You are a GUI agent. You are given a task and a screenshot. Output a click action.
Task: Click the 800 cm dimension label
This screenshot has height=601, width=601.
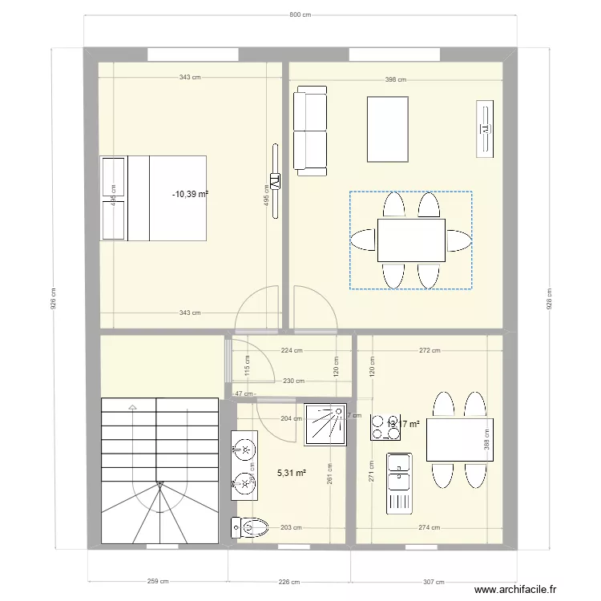coord(300,14)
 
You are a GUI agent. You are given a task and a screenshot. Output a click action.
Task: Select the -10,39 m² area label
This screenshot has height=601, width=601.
coord(191,194)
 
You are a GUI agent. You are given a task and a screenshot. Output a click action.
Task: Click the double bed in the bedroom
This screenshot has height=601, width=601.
coord(154,198)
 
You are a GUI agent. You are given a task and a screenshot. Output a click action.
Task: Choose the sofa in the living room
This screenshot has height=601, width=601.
coord(310,133)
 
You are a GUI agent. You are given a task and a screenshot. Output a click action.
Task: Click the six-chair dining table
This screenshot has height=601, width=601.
coord(411,240)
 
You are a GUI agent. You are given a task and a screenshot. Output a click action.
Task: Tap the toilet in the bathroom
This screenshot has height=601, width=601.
coord(248,527)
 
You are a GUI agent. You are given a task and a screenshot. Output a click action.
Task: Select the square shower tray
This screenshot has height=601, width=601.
coord(325,422)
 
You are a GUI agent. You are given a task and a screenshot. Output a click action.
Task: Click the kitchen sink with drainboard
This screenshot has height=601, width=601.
coord(398,482)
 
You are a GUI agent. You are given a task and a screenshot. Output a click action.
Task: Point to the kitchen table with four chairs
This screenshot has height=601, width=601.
coord(458,439)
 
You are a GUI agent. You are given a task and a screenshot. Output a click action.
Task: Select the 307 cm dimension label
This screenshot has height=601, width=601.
coord(434,583)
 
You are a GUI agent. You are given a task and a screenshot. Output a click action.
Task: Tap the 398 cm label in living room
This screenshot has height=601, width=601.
coord(395,79)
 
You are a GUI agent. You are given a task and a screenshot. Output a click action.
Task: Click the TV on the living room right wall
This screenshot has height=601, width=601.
coord(485,127)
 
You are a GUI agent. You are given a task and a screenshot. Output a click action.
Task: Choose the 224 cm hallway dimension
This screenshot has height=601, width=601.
coord(292,350)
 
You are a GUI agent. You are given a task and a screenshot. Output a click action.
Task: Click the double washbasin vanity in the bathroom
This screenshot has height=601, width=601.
coord(244,464)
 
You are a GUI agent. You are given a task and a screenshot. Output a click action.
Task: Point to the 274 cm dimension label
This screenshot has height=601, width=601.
coord(430,527)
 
